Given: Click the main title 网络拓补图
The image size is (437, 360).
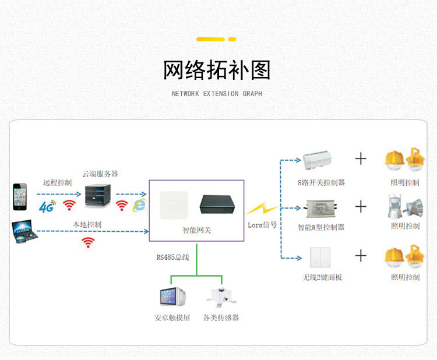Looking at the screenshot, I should click(x=217, y=70).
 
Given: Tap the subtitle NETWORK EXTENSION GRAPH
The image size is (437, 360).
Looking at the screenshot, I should click(x=217, y=94).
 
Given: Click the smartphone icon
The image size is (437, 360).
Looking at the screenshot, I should click(x=20, y=197).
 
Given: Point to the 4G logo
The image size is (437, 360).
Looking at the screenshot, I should click(x=47, y=206).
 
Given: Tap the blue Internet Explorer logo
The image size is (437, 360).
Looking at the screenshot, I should click(x=140, y=204).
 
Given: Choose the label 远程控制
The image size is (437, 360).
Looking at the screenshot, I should click(x=57, y=182).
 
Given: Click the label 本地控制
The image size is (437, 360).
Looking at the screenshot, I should click(x=87, y=224).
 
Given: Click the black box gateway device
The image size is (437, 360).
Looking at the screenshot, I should click(x=217, y=204).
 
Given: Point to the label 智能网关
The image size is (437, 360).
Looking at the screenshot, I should click(x=196, y=230).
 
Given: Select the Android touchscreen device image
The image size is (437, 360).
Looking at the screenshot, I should click(x=172, y=297).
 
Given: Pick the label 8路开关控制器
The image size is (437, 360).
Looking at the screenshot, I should click(x=321, y=182).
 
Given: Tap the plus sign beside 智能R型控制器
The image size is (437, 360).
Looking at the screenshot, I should click(x=361, y=207).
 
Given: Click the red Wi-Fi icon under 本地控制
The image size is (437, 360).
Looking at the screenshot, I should click(x=87, y=242).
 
